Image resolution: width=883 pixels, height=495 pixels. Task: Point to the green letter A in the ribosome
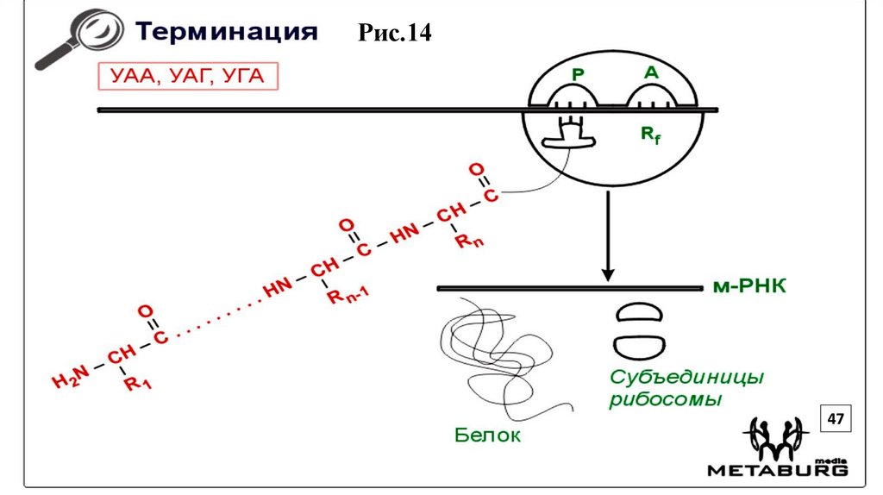[x=651, y=73]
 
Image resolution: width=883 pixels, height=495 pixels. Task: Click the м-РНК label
[x=749, y=286]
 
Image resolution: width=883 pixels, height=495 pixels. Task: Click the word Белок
[x=487, y=435]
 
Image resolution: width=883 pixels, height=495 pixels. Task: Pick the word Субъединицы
[x=687, y=378]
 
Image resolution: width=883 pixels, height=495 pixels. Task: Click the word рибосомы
[x=665, y=400]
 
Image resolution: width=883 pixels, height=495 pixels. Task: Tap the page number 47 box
[x=834, y=419]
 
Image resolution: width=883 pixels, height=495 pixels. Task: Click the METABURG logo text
[x=777, y=471]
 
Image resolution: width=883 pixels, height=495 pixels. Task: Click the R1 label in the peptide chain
[x=137, y=384]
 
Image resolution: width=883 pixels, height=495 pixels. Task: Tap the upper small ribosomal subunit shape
[x=639, y=312]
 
